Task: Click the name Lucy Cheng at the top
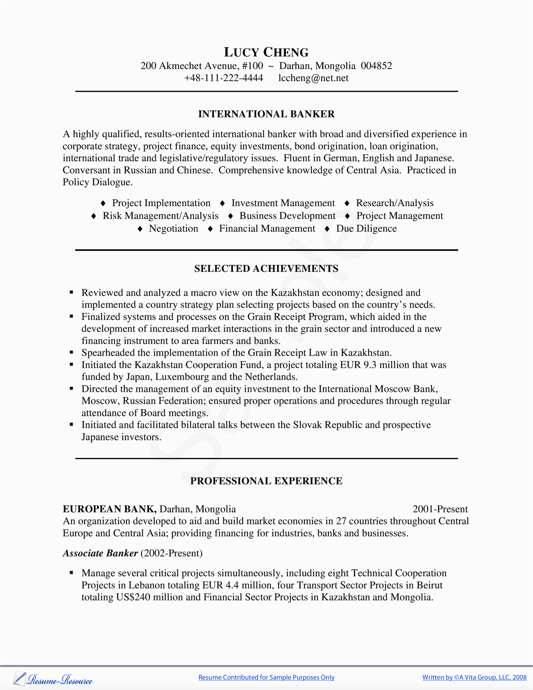click(266, 52)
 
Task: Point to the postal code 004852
click(376, 66)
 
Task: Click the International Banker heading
click(266, 114)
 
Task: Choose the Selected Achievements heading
click(266, 268)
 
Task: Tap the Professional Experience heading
click(266, 481)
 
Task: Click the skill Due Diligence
click(366, 228)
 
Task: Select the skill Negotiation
click(174, 228)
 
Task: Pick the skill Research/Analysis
click(394, 203)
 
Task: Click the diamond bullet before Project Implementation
click(103, 203)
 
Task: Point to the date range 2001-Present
click(440, 509)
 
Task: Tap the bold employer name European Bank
click(109, 509)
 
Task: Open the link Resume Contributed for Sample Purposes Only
click(266, 677)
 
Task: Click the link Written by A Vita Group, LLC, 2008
click(474, 677)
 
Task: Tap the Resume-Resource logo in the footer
click(53, 679)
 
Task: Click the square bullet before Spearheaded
click(71, 352)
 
